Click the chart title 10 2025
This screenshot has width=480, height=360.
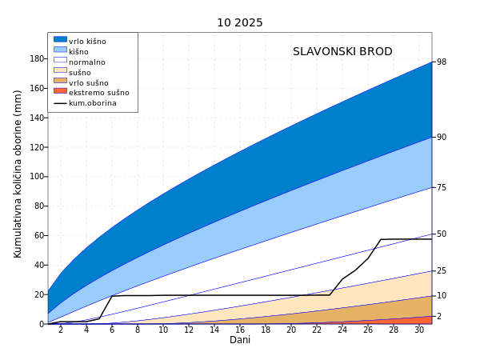239,22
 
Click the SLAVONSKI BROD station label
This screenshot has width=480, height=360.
342,52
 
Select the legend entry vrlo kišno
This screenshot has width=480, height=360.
87,42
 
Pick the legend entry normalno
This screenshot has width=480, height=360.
87,62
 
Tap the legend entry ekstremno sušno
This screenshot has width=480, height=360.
98,93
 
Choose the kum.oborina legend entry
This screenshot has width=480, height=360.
92,103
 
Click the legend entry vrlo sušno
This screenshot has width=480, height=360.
88,82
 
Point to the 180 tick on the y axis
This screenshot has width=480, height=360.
37,59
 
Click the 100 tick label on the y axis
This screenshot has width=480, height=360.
37,177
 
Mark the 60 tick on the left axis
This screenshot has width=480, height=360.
39,236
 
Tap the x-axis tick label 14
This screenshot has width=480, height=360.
214,330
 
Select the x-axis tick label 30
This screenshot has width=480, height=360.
419,330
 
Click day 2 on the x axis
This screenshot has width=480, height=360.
61,330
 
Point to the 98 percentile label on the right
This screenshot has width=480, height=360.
442,62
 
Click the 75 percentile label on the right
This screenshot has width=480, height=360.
442,187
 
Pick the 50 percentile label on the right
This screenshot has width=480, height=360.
442,234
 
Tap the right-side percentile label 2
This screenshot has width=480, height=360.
438,317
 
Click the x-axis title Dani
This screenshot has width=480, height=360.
240,340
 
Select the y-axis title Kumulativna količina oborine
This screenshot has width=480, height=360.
18,174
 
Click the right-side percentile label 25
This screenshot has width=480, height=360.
442,271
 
